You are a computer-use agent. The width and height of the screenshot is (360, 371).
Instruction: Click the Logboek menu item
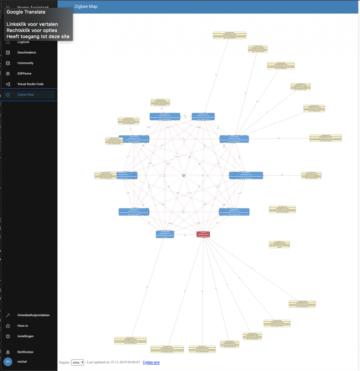[23, 42]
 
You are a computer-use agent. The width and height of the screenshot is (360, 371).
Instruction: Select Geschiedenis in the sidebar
[27, 53]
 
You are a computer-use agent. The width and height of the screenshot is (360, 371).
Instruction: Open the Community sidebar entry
[25, 63]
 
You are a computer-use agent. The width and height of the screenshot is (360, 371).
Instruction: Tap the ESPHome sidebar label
[24, 74]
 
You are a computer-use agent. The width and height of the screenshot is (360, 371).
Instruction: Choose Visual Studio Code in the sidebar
[31, 84]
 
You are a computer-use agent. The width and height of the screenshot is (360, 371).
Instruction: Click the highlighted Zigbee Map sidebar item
[25, 95]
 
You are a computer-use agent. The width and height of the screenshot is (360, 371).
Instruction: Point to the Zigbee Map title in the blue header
[86, 7]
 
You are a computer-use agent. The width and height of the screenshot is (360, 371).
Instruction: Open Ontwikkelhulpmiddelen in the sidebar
[34, 315]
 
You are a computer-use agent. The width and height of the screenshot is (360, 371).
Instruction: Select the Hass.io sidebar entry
[23, 326]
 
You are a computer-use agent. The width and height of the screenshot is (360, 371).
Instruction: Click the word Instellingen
[25, 336]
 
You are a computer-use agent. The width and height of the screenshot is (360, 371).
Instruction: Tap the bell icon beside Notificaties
[8, 352]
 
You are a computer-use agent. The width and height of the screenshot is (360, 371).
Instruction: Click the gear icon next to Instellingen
[8, 336]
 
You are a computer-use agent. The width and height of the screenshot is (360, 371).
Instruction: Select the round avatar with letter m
[8, 362]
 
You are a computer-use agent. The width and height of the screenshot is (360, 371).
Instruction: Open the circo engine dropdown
[78, 362]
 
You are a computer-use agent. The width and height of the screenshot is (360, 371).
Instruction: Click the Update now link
[151, 362]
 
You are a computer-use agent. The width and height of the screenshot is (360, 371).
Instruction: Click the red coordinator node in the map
[203, 234]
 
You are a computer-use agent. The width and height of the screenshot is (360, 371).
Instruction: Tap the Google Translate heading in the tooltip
[26, 12]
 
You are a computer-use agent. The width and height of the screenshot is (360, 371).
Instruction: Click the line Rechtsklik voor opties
[32, 31]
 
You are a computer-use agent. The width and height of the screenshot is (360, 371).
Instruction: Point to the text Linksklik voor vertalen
[32, 24]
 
